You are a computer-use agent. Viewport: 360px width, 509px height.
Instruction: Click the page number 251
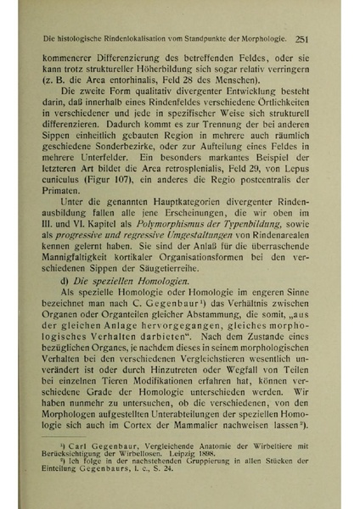click(307, 38)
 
